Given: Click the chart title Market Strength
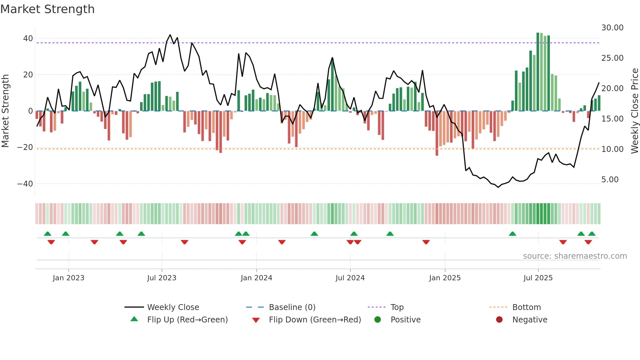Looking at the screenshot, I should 47,9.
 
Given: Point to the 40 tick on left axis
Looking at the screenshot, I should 28,39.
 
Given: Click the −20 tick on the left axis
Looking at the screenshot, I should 25,147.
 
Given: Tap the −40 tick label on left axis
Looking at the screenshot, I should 25,184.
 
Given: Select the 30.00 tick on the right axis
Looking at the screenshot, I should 612,28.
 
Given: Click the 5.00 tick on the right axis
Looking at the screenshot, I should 610,180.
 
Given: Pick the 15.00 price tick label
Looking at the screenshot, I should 612,119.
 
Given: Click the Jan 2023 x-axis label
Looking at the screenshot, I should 68,278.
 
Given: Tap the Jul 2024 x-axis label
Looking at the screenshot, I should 350,278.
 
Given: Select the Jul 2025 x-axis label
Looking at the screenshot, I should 538,278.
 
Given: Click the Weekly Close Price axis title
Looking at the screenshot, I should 634,111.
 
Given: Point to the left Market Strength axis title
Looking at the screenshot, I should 5,111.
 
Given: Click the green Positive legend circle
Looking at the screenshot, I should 377,320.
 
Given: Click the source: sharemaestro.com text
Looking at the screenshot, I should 575,256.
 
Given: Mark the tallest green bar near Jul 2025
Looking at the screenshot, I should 538,72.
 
